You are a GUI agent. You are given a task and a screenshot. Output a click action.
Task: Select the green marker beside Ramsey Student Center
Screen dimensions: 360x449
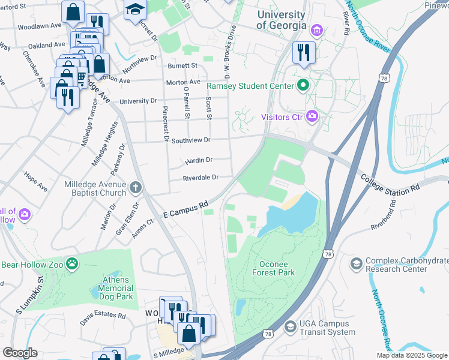point(303,86)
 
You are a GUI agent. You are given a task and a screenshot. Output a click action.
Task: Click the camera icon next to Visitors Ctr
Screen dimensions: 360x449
point(312,117)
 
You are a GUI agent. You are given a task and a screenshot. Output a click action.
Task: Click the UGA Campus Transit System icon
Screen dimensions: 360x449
point(291,326)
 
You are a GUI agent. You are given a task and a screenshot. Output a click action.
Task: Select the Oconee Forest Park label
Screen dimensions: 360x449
point(269,268)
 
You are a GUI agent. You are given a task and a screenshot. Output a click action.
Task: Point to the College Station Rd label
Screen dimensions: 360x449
point(390,184)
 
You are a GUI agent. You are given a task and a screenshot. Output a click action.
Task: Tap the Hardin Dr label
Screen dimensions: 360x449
point(198,160)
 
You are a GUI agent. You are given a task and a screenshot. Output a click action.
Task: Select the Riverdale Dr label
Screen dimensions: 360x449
point(200,177)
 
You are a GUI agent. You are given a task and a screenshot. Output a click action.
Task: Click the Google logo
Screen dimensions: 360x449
point(20,353)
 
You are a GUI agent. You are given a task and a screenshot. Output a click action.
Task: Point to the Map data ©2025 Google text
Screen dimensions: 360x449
point(412,355)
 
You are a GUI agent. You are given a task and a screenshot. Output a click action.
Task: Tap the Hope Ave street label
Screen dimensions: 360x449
point(35,182)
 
